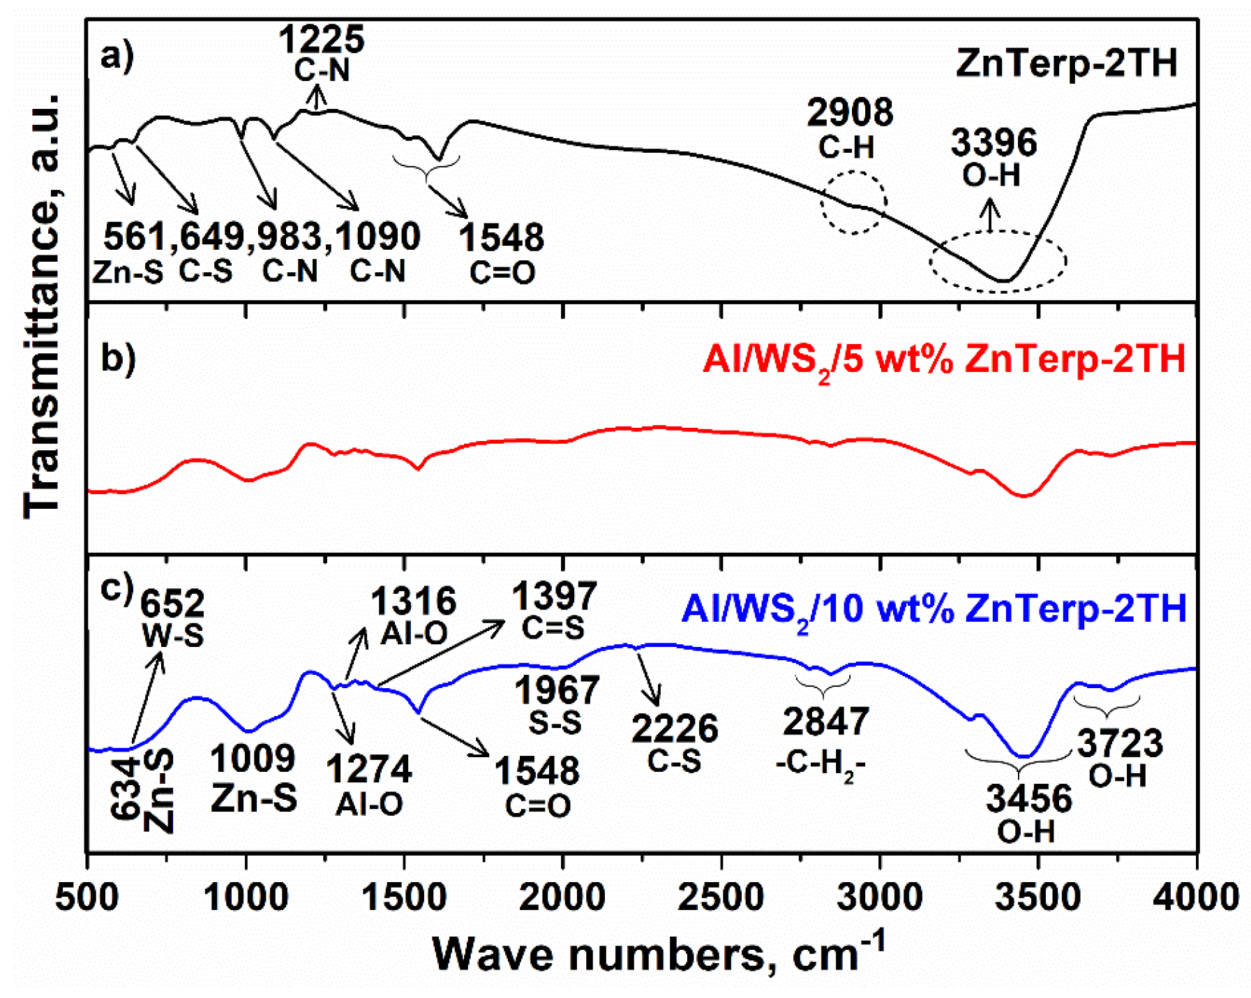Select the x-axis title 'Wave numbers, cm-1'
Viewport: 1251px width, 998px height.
click(x=659, y=953)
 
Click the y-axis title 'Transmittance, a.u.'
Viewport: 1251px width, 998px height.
click(x=42, y=307)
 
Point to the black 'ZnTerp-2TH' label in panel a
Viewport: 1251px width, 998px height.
click(x=1067, y=63)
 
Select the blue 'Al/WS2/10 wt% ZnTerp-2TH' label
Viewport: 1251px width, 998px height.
click(x=934, y=610)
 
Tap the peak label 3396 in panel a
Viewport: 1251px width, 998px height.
click(x=994, y=143)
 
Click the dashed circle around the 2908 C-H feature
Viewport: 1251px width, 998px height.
click(x=853, y=202)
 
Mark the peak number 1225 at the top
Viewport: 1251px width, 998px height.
click(x=321, y=39)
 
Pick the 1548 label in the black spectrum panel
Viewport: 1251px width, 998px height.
click(x=501, y=238)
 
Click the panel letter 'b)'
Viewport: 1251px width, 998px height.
click(x=117, y=358)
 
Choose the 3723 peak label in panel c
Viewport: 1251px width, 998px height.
click(x=1120, y=744)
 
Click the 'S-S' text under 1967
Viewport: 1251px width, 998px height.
click(x=555, y=723)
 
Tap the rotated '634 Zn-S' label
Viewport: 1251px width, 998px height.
click(x=143, y=790)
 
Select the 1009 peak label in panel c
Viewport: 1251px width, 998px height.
click(x=253, y=759)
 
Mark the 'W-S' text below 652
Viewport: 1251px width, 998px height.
click(x=172, y=635)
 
